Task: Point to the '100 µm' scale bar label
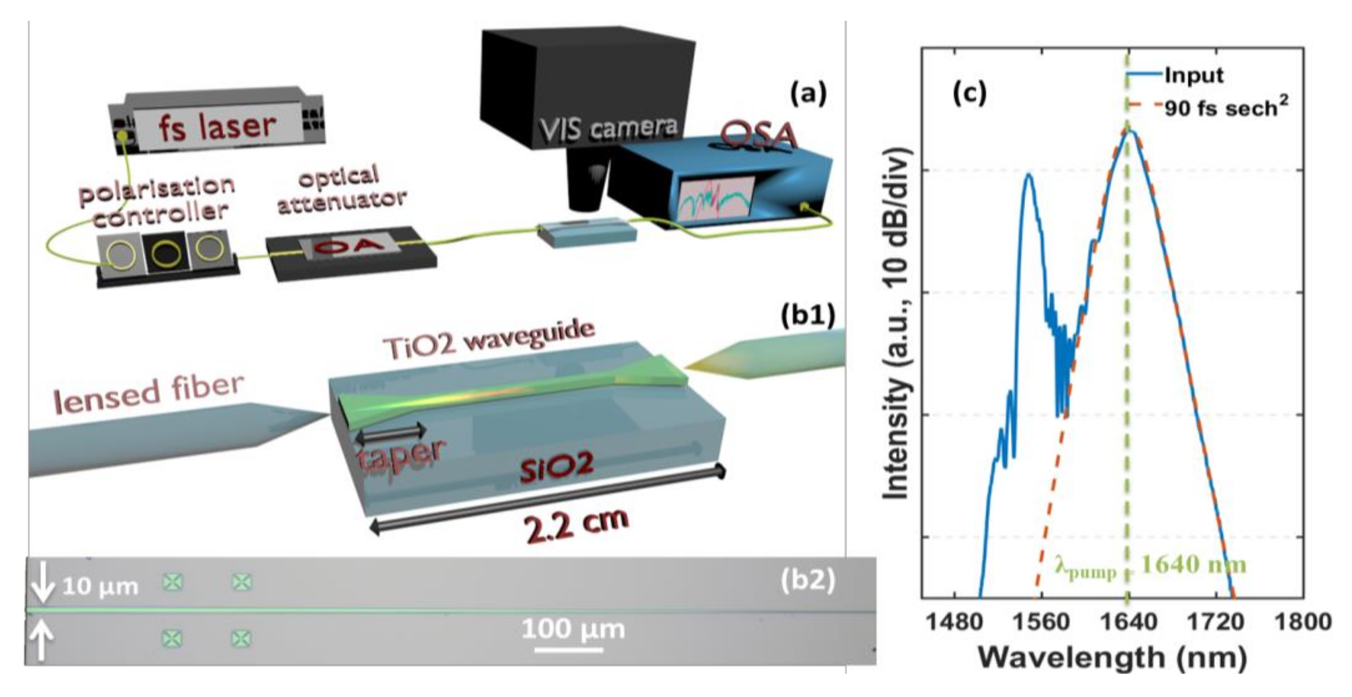pyautogui.click(x=573, y=629)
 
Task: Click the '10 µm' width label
pyautogui.click(x=100, y=586)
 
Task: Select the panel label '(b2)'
pyautogui.click(x=807, y=581)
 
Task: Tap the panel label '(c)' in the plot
pyautogui.click(x=969, y=92)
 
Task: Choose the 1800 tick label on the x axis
pyautogui.click(x=1304, y=623)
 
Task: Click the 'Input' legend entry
pyautogui.click(x=1194, y=76)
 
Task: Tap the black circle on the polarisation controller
pyautogui.click(x=166, y=254)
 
